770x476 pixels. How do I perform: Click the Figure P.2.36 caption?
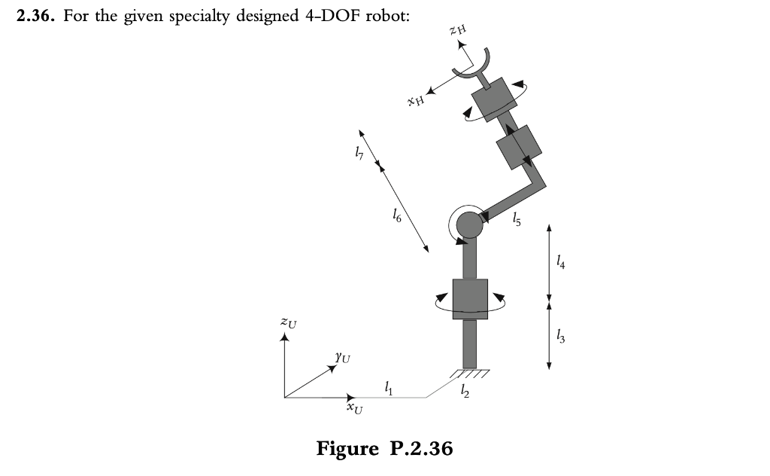pos(385,449)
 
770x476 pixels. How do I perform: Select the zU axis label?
pos(288,323)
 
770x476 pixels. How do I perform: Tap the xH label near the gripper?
pos(415,99)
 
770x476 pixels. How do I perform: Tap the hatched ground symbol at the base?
pos(470,373)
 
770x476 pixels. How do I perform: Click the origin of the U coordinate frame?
pos(285,397)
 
